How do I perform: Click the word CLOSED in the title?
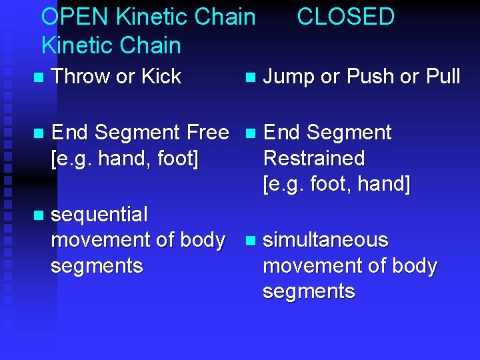[345, 17]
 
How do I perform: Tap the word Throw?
[81, 77]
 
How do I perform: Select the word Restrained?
[314, 159]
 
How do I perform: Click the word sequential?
[99, 215]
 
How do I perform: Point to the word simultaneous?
[325, 240]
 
